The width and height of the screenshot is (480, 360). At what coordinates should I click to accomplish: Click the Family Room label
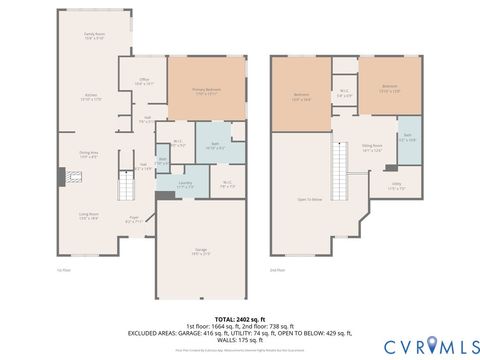point(95,36)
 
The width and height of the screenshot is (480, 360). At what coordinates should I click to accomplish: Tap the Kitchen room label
point(90,97)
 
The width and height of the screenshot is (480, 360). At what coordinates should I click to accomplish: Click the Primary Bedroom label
point(205,91)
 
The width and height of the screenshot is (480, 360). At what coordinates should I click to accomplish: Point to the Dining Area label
point(88,154)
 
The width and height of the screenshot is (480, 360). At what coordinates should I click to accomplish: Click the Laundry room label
point(186,184)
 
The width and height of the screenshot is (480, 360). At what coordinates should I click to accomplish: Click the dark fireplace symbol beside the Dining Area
point(62,177)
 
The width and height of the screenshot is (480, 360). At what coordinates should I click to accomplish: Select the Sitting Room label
point(372,146)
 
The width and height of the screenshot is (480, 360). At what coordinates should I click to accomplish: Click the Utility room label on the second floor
point(396,184)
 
